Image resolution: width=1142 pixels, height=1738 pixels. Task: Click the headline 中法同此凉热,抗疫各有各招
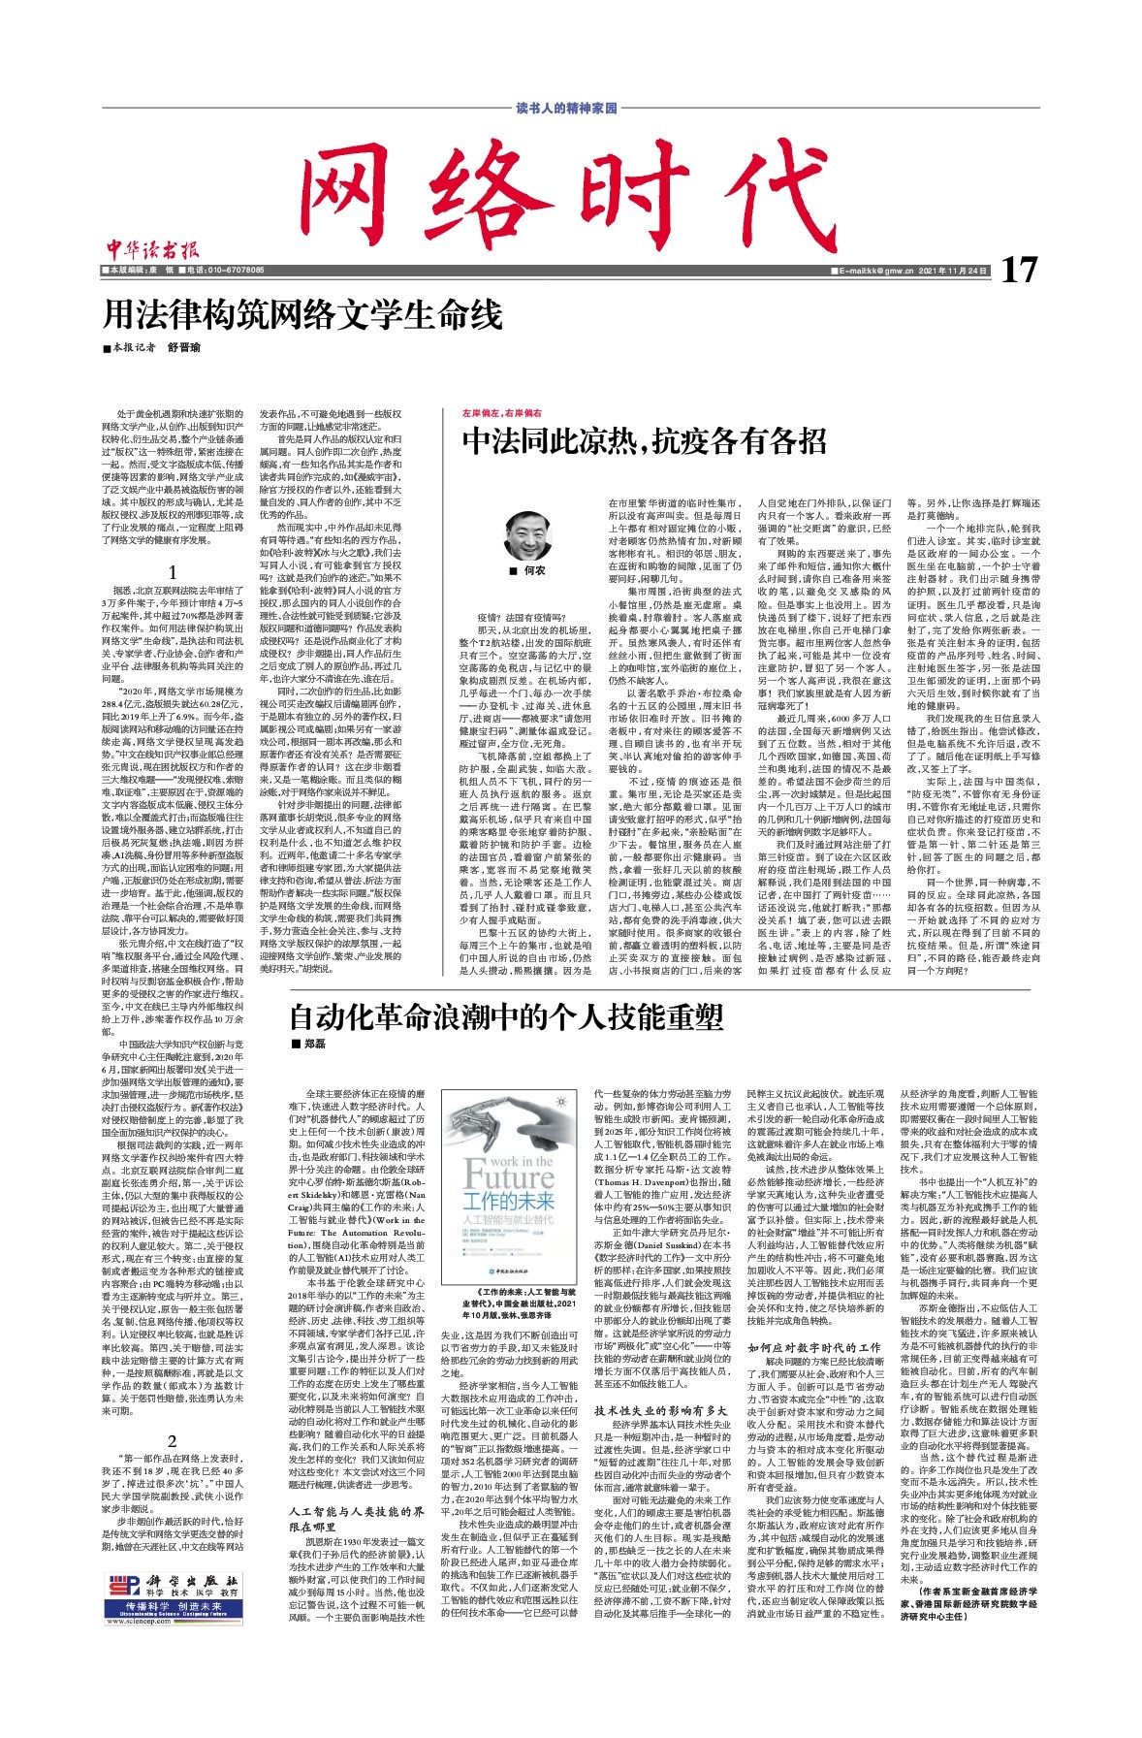click(x=644, y=441)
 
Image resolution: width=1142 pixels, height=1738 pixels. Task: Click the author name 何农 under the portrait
click(x=535, y=571)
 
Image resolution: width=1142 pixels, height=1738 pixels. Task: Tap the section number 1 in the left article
click(x=173, y=571)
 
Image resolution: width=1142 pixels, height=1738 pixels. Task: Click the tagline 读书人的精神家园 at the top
click(x=566, y=108)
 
